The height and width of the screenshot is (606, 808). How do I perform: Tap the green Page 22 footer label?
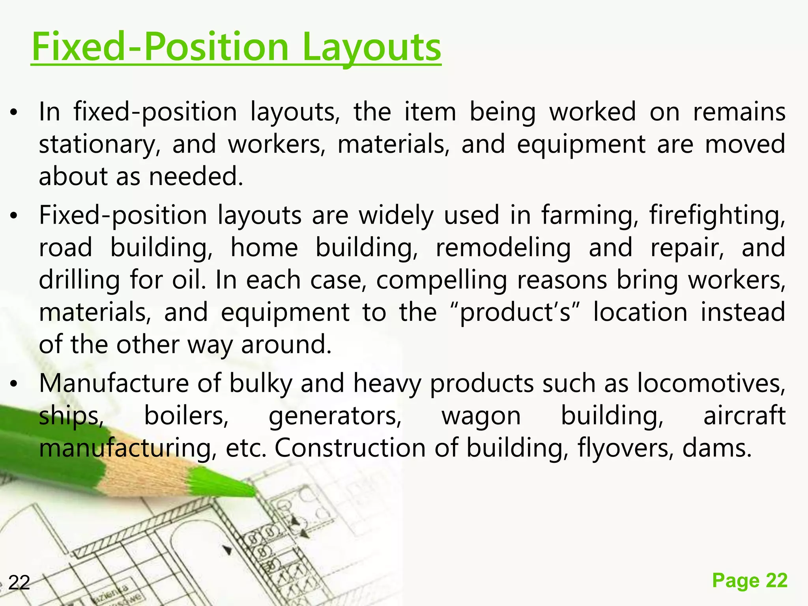click(750, 580)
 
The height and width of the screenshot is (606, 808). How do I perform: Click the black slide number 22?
click(19, 583)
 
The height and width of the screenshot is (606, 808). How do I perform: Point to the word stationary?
click(100, 145)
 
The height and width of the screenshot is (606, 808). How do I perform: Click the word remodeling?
click(503, 248)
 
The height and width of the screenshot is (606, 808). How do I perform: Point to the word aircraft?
click(744, 416)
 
